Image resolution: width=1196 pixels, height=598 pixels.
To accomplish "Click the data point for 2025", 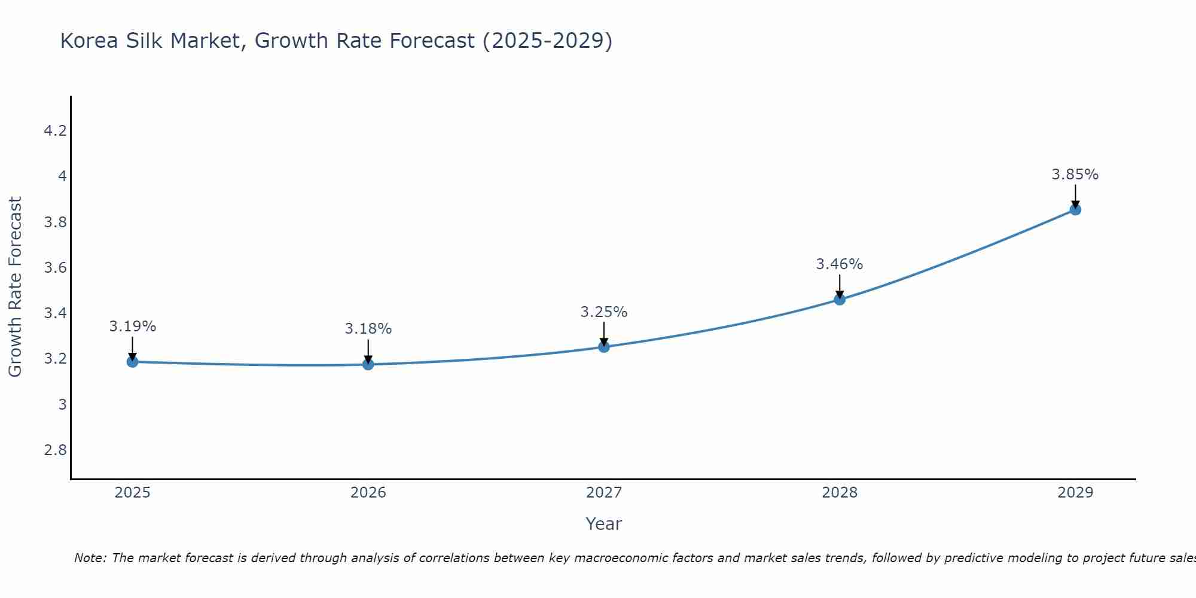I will pyautogui.click(x=132, y=362).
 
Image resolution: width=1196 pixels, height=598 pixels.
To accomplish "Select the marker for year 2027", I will pyautogui.click(x=604, y=347).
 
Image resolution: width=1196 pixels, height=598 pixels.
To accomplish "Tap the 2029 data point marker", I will pyautogui.click(x=1075, y=210).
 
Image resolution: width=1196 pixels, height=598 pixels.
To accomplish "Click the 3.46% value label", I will pyautogui.click(x=840, y=264).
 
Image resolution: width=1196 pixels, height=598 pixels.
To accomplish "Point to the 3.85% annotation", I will pyautogui.click(x=1075, y=175).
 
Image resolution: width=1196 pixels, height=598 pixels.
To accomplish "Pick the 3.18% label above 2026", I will pyautogui.click(x=368, y=329).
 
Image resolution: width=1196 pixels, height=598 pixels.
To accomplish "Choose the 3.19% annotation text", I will pyautogui.click(x=132, y=327).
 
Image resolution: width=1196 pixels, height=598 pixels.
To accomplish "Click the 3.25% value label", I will pyautogui.click(x=604, y=312).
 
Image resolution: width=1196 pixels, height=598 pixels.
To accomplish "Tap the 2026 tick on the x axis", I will pyautogui.click(x=368, y=493).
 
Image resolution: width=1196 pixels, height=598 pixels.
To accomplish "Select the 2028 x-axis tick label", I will pyautogui.click(x=840, y=493).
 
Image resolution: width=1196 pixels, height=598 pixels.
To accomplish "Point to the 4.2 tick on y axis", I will pyautogui.click(x=55, y=131).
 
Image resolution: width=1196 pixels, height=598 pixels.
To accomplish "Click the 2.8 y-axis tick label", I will pyautogui.click(x=55, y=450).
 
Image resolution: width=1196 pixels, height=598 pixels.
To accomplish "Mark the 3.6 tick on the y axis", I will pyautogui.click(x=55, y=268).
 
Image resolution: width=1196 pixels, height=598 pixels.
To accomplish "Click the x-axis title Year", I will pyautogui.click(x=604, y=524).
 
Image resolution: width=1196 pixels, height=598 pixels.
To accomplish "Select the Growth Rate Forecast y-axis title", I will pyautogui.click(x=15, y=287).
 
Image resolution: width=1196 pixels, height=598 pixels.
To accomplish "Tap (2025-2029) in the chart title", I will pyautogui.click(x=547, y=41).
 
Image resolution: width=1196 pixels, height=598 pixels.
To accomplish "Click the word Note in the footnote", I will pyautogui.click(x=90, y=558).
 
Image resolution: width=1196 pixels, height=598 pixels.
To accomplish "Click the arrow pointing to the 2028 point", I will pyautogui.click(x=840, y=286).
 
